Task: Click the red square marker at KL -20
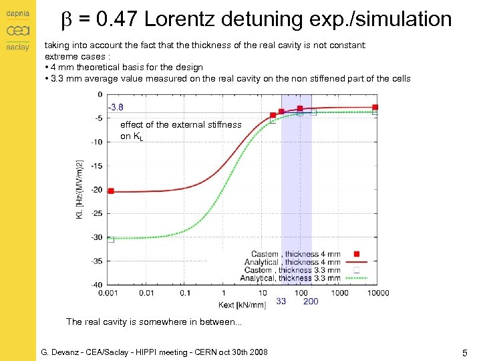pyautogui.click(x=111, y=191)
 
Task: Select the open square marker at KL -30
pyautogui.click(x=111, y=239)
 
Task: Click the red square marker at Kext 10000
pyautogui.click(x=375, y=107)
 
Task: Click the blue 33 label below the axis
pyautogui.click(x=281, y=302)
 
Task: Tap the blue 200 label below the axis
pyautogui.click(x=311, y=302)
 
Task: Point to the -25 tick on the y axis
pyautogui.click(x=97, y=213)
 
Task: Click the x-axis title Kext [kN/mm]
pyautogui.click(x=242, y=305)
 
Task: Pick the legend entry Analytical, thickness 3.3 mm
pyautogui.click(x=290, y=278)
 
